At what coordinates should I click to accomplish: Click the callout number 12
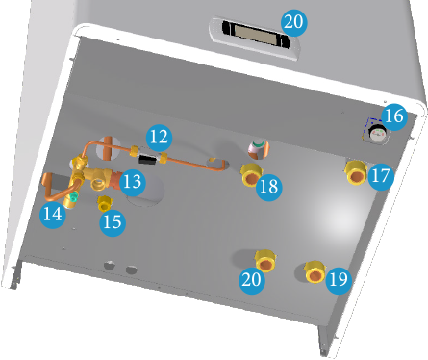point(159,138)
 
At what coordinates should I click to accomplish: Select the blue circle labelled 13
point(133,182)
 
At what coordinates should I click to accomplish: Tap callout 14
point(53,215)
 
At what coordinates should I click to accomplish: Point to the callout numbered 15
point(113,222)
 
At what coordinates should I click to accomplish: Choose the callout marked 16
point(394,116)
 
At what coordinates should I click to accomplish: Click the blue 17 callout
point(381,176)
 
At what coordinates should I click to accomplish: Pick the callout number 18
point(269,187)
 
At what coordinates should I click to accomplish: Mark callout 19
point(339,280)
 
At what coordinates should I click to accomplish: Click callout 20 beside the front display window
point(293,22)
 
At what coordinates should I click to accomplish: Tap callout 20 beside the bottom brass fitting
point(252,280)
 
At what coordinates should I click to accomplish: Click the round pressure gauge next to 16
point(377,133)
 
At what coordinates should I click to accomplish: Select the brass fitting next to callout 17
point(356,173)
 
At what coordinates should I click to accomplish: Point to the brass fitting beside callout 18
point(251,175)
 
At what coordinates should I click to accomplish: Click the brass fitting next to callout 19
point(315,272)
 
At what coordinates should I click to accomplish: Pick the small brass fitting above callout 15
point(104,203)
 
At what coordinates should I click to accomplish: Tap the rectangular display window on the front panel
point(254,34)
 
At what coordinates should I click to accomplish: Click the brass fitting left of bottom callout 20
point(265,261)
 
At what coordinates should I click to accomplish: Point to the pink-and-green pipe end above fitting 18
point(259,149)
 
